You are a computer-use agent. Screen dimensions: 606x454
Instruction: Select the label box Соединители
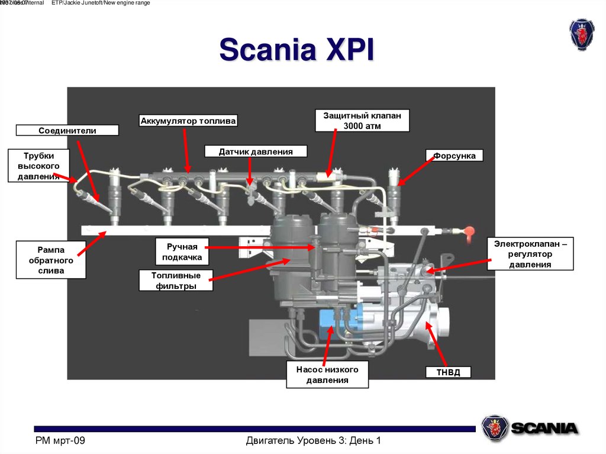click(67, 130)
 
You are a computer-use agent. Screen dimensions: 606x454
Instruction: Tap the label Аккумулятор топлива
click(188, 121)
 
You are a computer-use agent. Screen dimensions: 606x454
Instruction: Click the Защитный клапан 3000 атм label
click(362, 121)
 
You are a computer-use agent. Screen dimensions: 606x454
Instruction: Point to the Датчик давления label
click(256, 152)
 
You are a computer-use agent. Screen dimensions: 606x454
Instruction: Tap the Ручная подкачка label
click(183, 250)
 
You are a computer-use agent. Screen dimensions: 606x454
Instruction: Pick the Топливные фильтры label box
click(176, 281)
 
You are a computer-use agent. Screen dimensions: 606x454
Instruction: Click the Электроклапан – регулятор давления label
click(530, 254)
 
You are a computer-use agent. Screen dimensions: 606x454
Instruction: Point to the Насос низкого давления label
click(327, 375)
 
